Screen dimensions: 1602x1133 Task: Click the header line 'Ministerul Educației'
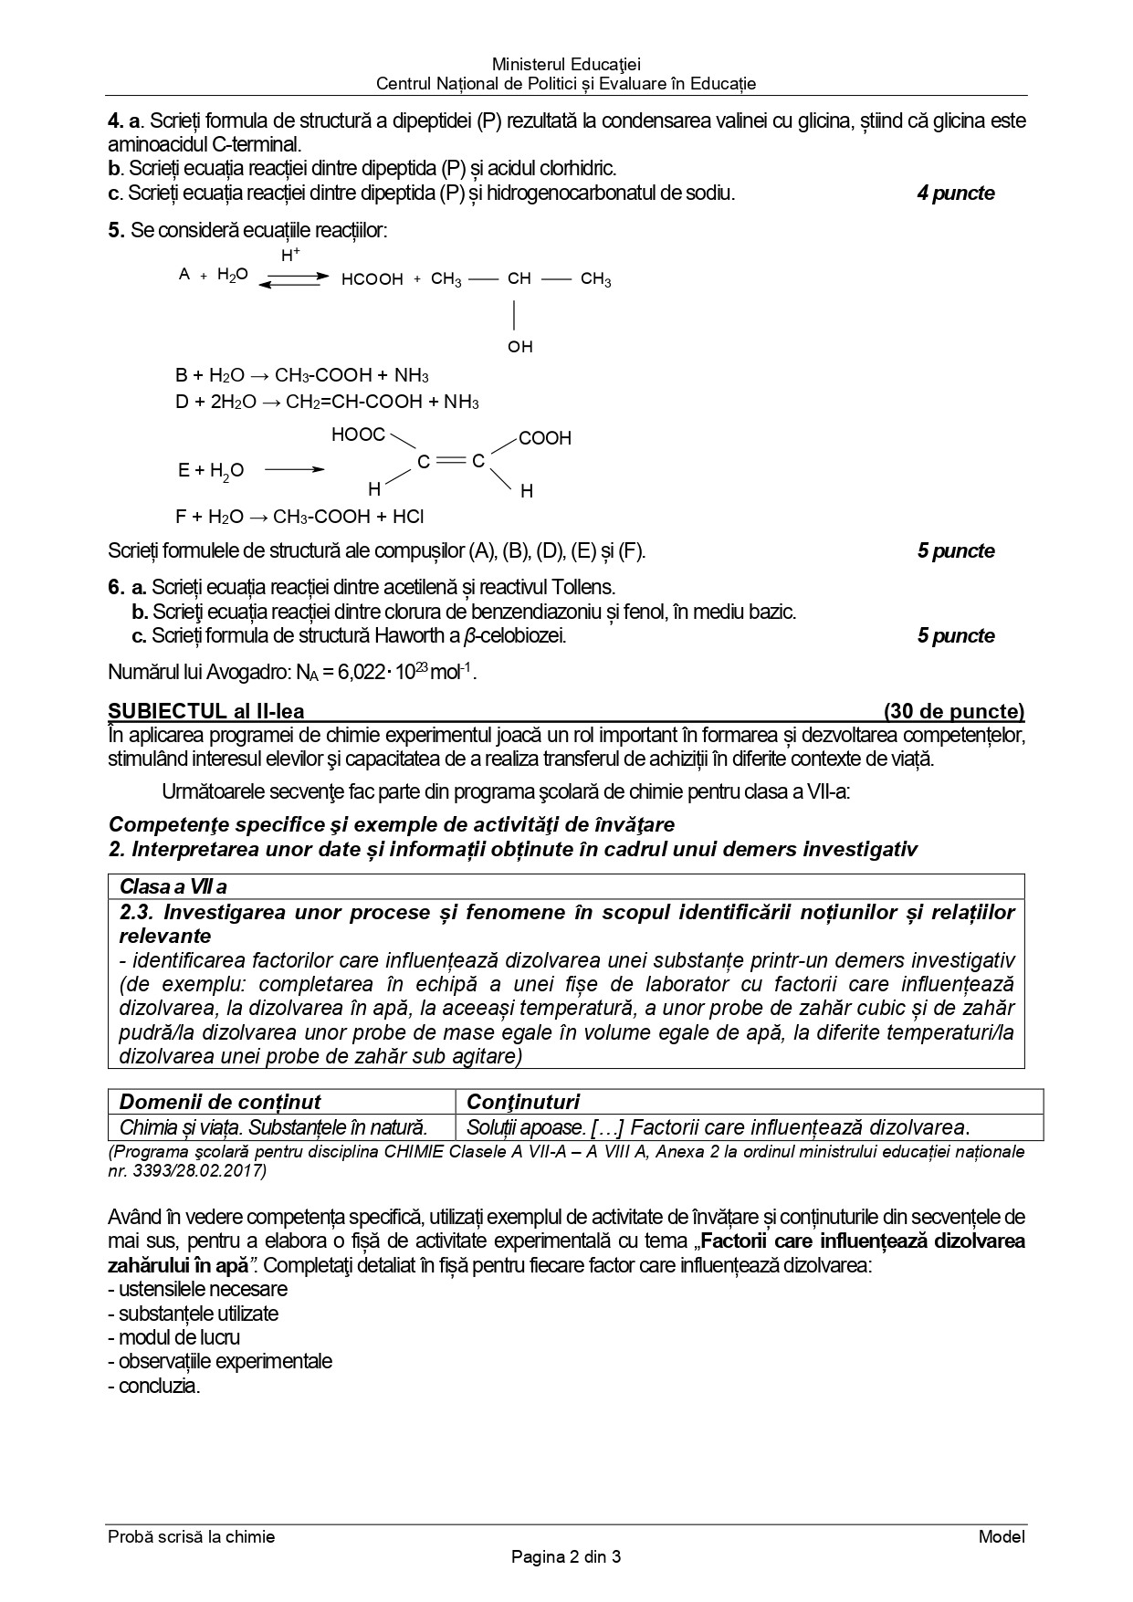[566, 65]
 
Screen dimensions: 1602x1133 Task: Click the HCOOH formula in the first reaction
[372, 279]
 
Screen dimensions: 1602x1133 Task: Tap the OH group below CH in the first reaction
[519, 347]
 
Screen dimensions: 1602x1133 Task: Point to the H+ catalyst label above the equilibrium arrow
[290, 257]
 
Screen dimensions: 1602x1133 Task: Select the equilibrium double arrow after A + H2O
[293, 279]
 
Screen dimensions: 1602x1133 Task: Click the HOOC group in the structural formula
[358, 435]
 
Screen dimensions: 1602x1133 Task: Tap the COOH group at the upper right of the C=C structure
[545, 439]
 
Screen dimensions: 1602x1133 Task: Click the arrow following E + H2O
[294, 470]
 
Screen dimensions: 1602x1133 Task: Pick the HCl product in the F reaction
[408, 517]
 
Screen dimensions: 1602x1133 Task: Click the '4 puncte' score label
[956, 194]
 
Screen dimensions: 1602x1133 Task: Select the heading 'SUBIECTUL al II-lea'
[206, 712]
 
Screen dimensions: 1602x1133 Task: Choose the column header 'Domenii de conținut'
[220, 1102]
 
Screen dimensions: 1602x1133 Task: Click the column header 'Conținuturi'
[523, 1102]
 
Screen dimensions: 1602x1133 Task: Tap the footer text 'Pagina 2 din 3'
[566, 1557]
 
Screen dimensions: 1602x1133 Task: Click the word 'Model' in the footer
[1002, 1536]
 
